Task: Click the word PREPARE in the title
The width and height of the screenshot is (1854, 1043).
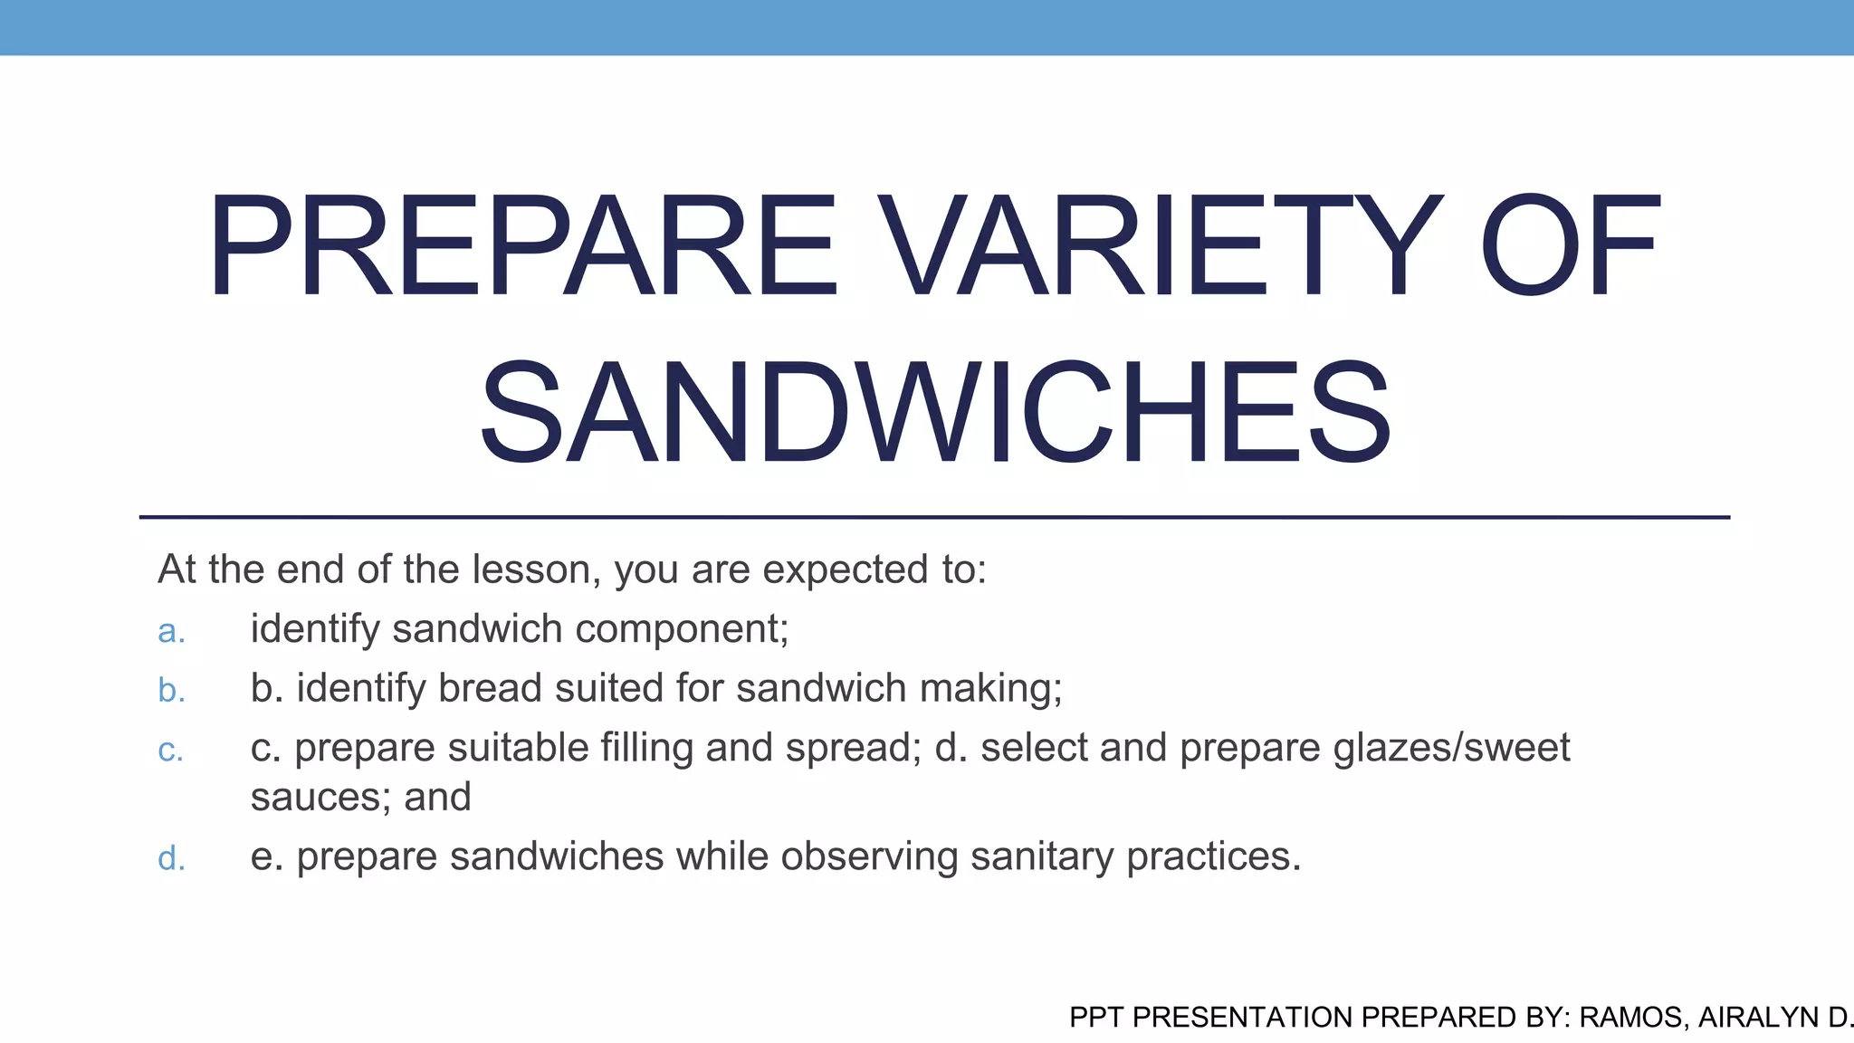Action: coord(523,246)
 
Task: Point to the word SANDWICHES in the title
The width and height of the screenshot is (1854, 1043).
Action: coord(934,413)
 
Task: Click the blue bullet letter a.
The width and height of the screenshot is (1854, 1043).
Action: coord(171,631)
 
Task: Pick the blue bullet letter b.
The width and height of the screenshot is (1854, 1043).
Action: coord(171,691)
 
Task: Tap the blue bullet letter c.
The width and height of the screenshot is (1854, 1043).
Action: coord(170,751)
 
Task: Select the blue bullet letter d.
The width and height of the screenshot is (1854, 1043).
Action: coord(171,858)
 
